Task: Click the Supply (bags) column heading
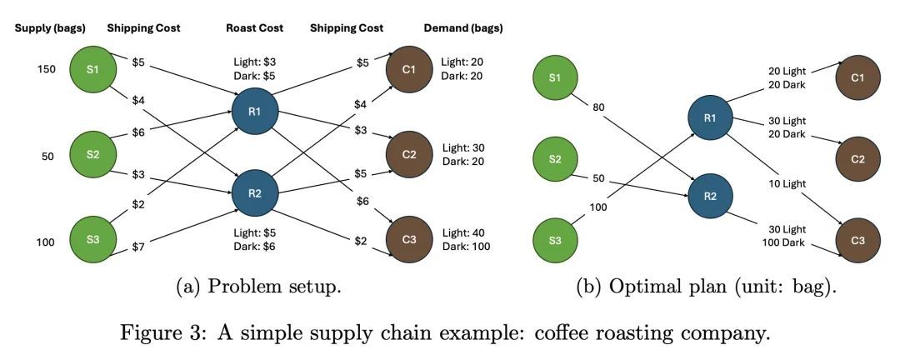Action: click(47, 28)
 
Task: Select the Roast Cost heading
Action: click(254, 28)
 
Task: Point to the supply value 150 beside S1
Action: click(46, 69)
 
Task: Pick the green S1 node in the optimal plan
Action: click(555, 78)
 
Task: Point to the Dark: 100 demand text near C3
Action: click(466, 247)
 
